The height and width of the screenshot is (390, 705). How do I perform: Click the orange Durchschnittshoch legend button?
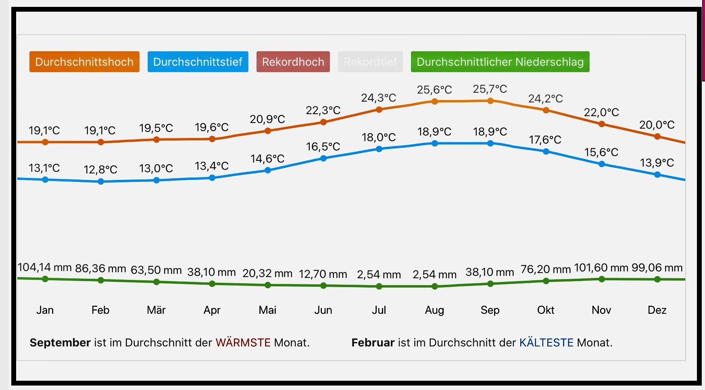point(84,62)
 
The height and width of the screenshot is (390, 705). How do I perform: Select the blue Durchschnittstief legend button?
point(198,62)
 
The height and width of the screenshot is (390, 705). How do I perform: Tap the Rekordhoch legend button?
point(293,62)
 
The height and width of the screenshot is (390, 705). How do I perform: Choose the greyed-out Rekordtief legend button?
point(370,62)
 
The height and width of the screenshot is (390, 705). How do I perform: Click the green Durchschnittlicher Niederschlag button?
point(500,62)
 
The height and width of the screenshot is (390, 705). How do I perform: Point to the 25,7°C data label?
point(490,89)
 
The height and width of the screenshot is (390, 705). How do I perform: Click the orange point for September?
point(490,101)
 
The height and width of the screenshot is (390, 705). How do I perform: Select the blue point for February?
point(101,181)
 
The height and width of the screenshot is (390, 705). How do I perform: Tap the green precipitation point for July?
point(379,286)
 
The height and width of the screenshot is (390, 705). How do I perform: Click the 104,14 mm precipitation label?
point(45,267)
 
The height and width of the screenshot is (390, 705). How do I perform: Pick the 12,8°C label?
point(100,169)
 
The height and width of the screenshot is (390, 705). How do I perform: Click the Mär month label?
point(156,310)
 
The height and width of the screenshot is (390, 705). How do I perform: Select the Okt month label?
point(546,310)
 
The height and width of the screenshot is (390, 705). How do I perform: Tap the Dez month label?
point(657,310)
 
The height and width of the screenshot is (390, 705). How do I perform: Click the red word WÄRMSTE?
point(243,343)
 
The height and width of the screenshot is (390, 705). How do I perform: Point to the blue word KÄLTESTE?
point(546,343)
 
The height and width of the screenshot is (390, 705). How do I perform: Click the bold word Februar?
point(373,343)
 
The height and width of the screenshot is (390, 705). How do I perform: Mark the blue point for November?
point(602,164)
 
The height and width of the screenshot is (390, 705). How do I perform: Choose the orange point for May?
point(268,131)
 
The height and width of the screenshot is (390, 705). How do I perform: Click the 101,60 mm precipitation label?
point(601,268)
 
